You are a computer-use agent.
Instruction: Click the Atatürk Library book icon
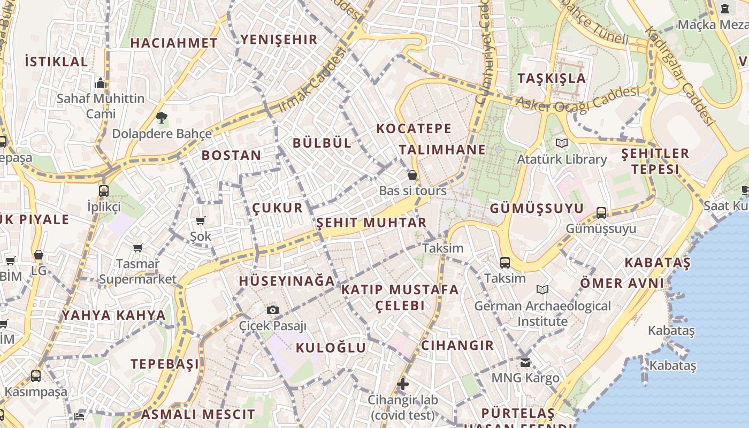click(561, 143)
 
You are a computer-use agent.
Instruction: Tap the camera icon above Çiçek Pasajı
click(272, 310)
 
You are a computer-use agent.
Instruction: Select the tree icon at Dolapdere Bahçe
click(161, 117)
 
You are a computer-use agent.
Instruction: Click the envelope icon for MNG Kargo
click(525, 362)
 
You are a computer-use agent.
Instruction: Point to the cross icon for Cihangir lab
click(402, 384)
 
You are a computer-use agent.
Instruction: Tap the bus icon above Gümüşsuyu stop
click(601, 212)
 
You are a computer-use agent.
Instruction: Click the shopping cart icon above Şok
click(201, 220)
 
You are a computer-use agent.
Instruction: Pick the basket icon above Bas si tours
click(412, 175)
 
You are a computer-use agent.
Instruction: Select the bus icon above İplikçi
click(104, 190)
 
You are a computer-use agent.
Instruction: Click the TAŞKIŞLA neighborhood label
click(552, 78)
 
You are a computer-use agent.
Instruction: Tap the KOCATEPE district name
click(414, 128)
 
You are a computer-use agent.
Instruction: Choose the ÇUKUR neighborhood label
click(277, 208)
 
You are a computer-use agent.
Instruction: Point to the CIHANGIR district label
click(457, 345)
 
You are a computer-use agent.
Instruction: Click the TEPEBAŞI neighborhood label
click(165, 364)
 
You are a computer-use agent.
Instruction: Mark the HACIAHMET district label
click(174, 43)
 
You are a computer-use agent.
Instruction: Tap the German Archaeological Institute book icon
click(542, 289)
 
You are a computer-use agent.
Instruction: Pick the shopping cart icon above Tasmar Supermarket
click(138, 248)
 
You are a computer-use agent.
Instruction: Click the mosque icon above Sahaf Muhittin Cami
click(101, 83)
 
